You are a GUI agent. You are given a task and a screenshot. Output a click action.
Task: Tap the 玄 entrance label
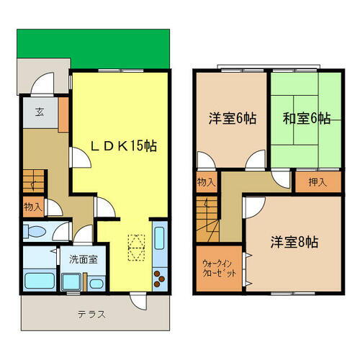coord(39,111)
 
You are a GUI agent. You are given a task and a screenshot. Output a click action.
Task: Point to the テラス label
coord(92,314)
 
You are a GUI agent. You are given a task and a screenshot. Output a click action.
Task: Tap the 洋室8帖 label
coord(293,242)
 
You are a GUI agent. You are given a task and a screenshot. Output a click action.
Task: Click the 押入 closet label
coord(317,182)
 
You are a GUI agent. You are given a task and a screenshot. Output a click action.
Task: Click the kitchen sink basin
coord(160,238)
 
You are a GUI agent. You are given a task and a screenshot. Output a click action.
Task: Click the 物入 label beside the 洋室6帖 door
coord(205,182)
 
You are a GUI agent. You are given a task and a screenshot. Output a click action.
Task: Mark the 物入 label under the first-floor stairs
coord(32,207)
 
